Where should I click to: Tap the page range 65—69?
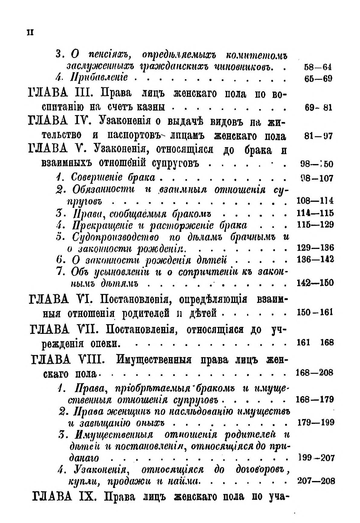(318, 79)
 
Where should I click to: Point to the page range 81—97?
(318, 136)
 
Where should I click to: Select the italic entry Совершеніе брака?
(113, 177)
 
